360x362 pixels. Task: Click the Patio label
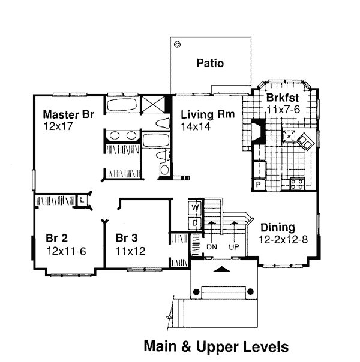pyautogui.click(x=210, y=63)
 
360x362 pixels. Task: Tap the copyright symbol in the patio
pyautogui.click(x=177, y=44)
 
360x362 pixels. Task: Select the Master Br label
pyautogui.click(x=68, y=114)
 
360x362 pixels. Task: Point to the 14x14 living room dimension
pyautogui.click(x=196, y=126)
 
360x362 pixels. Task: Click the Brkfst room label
pyautogui.click(x=283, y=98)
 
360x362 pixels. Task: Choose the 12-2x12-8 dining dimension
pyautogui.click(x=283, y=240)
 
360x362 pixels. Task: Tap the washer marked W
pyautogui.click(x=195, y=208)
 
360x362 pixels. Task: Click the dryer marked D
pyautogui.click(x=195, y=223)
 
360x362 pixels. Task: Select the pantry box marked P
pyautogui.click(x=259, y=185)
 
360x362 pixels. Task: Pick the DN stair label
pyautogui.click(x=212, y=247)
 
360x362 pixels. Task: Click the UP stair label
pyautogui.click(x=234, y=247)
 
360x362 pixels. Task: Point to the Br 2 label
pyautogui.click(x=56, y=238)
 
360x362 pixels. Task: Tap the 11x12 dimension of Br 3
pyautogui.click(x=130, y=251)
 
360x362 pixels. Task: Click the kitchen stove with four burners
pyautogui.click(x=297, y=184)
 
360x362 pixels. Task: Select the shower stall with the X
pyautogui.click(x=153, y=104)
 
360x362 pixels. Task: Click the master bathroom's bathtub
pyautogui.click(x=122, y=105)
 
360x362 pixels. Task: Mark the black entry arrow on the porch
pyautogui.click(x=221, y=269)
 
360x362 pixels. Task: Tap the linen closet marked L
pyautogui.click(x=82, y=200)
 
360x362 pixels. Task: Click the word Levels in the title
pyautogui.click(x=266, y=347)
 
